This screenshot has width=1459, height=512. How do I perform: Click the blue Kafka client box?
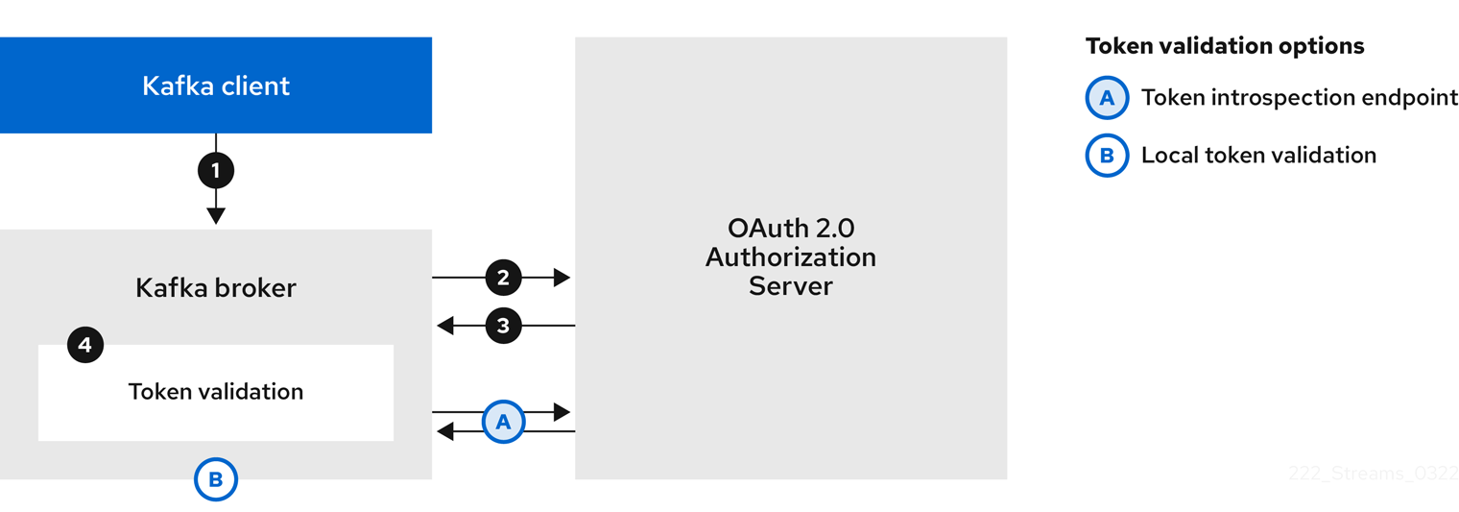215,85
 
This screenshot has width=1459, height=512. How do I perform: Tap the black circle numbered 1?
215,171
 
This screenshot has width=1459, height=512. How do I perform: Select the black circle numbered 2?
503,278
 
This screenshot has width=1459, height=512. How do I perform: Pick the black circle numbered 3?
503,326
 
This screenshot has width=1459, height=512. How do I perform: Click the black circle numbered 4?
85,345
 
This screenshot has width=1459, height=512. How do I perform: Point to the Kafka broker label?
215,287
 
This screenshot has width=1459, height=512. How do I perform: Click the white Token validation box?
215,392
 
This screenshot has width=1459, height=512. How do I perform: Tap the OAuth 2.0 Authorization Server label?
790,257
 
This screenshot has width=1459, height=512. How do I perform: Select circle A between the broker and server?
503,422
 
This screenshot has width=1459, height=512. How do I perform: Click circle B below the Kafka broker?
215,479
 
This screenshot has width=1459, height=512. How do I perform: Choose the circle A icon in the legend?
1107,98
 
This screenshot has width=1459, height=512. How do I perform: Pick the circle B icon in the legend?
1107,156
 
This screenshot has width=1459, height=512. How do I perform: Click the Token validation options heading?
1224,46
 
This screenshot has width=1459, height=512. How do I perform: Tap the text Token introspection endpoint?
1299,98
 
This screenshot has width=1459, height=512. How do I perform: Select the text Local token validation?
1258,156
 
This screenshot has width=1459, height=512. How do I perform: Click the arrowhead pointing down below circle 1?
215,215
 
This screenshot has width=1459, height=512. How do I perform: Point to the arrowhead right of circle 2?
562,278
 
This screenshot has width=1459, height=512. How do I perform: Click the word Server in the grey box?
790,286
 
